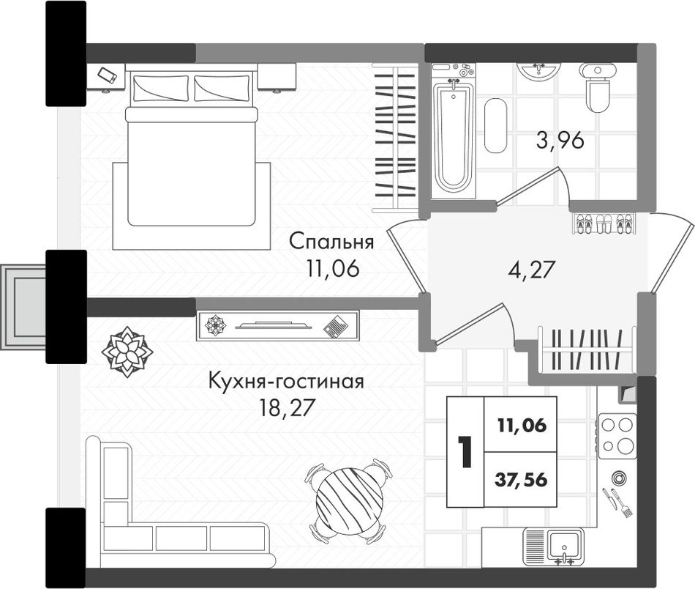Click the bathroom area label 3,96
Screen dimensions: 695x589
(560, 141)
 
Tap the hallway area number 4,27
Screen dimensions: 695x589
(531, 270)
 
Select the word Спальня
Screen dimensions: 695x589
(331, 242)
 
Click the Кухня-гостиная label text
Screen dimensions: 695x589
(286, 381)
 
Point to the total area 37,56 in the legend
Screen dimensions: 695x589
(521, 480)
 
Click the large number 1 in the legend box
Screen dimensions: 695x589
(465, 452)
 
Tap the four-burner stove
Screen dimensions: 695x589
(617, 437)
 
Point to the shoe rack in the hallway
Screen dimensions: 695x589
(604, 223)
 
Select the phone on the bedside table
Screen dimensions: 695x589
(108, 75)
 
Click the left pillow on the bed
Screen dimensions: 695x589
(160, 88)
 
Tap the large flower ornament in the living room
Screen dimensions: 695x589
(127, 352)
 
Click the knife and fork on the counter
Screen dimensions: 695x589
(617, 503)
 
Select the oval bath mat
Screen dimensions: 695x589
(495, 125)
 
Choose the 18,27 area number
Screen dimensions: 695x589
(287, 408)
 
